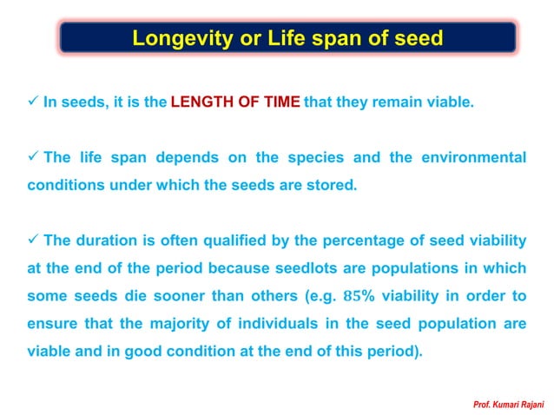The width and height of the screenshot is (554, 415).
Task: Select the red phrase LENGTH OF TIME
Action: [x=235, y=102]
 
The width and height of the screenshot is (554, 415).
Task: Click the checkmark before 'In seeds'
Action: [x=32, y=102]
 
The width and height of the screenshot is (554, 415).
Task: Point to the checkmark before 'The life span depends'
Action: [x=32, y=157]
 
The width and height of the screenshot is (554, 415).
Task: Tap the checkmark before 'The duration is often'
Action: [x=32, y=240]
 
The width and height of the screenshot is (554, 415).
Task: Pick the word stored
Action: [x=334, y=185]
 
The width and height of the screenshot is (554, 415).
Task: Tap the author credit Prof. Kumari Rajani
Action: [x=509, y=404]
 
